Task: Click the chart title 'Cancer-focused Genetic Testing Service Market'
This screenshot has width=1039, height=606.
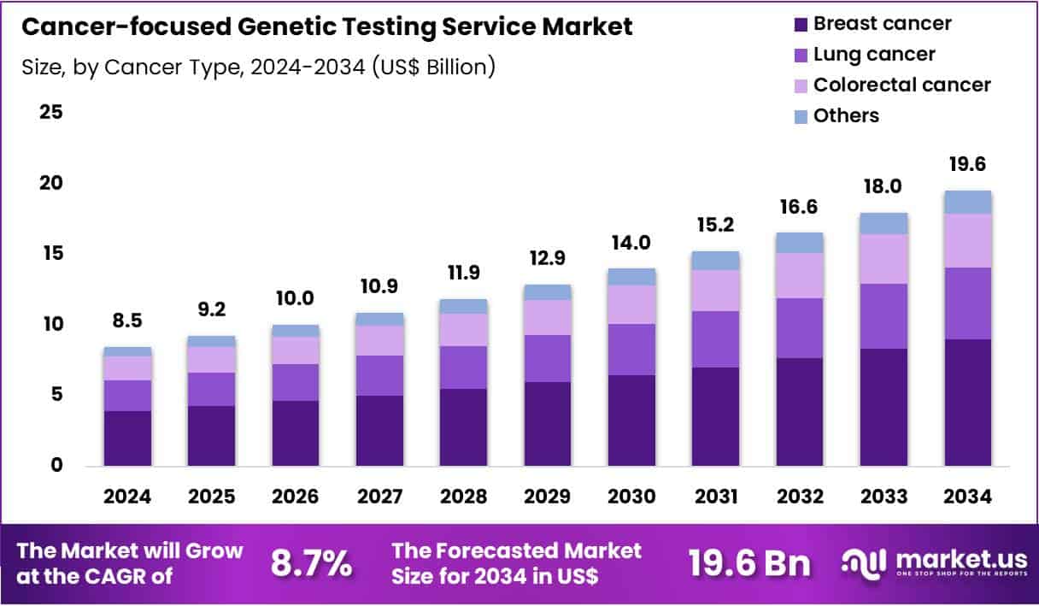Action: [326, 27]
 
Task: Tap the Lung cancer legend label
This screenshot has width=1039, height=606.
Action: [873, 54]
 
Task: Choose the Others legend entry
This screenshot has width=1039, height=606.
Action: [846, 115]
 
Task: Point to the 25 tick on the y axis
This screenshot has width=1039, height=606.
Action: [51, 112]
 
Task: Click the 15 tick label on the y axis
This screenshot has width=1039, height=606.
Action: [51, 254]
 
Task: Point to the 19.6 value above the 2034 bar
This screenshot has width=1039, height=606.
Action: [968, 164]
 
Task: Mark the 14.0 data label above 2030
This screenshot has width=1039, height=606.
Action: [632, 243]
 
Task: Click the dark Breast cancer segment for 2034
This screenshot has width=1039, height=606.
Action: [967, 402]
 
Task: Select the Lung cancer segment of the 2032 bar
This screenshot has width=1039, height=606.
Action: [799, 327]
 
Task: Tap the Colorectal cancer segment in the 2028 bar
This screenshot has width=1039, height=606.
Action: [463, 329]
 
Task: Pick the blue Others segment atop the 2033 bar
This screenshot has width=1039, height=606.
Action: [883, 223]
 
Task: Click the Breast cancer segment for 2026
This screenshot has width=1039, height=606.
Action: [295, 432]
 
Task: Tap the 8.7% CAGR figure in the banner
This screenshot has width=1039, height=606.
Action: [311, 562]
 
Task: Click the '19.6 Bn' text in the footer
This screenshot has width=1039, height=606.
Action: [749, 562]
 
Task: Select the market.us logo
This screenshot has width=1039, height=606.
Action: [934, 562]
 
